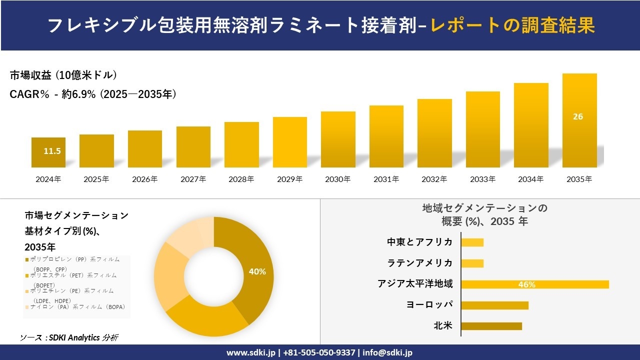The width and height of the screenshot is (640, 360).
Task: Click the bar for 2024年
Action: tap(48, 152)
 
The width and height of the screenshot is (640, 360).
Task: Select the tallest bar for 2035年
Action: tap(579, 120)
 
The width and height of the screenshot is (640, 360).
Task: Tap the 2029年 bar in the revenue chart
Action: tap(290, 142)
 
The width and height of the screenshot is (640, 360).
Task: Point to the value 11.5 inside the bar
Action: tap(52, 151)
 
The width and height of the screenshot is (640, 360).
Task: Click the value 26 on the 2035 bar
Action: tap(578, 116)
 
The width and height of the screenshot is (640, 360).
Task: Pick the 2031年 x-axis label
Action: tap(386, 179)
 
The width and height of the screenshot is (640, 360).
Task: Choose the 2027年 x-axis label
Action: tap(193, 179)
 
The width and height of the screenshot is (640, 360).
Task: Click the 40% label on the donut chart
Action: tap(257, 272)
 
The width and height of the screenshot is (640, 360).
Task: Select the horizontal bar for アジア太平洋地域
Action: tap(535, 284)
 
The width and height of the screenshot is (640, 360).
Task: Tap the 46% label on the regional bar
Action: tap(527, 284)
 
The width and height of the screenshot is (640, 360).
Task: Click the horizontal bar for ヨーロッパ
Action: tap(494, 305)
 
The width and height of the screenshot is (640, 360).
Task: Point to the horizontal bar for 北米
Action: tap(491, 326)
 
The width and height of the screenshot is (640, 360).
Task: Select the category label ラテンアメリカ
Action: tap(420, 263)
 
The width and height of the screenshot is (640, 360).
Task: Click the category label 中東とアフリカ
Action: tap(420, 242)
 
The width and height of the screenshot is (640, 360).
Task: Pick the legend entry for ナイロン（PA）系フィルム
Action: tap(77, 307)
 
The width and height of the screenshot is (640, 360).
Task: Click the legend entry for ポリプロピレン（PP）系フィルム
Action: tap(75, 259)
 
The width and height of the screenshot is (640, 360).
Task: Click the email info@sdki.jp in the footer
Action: tap(387, 352)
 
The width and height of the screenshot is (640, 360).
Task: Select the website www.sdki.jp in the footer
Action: tap(251, 352)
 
